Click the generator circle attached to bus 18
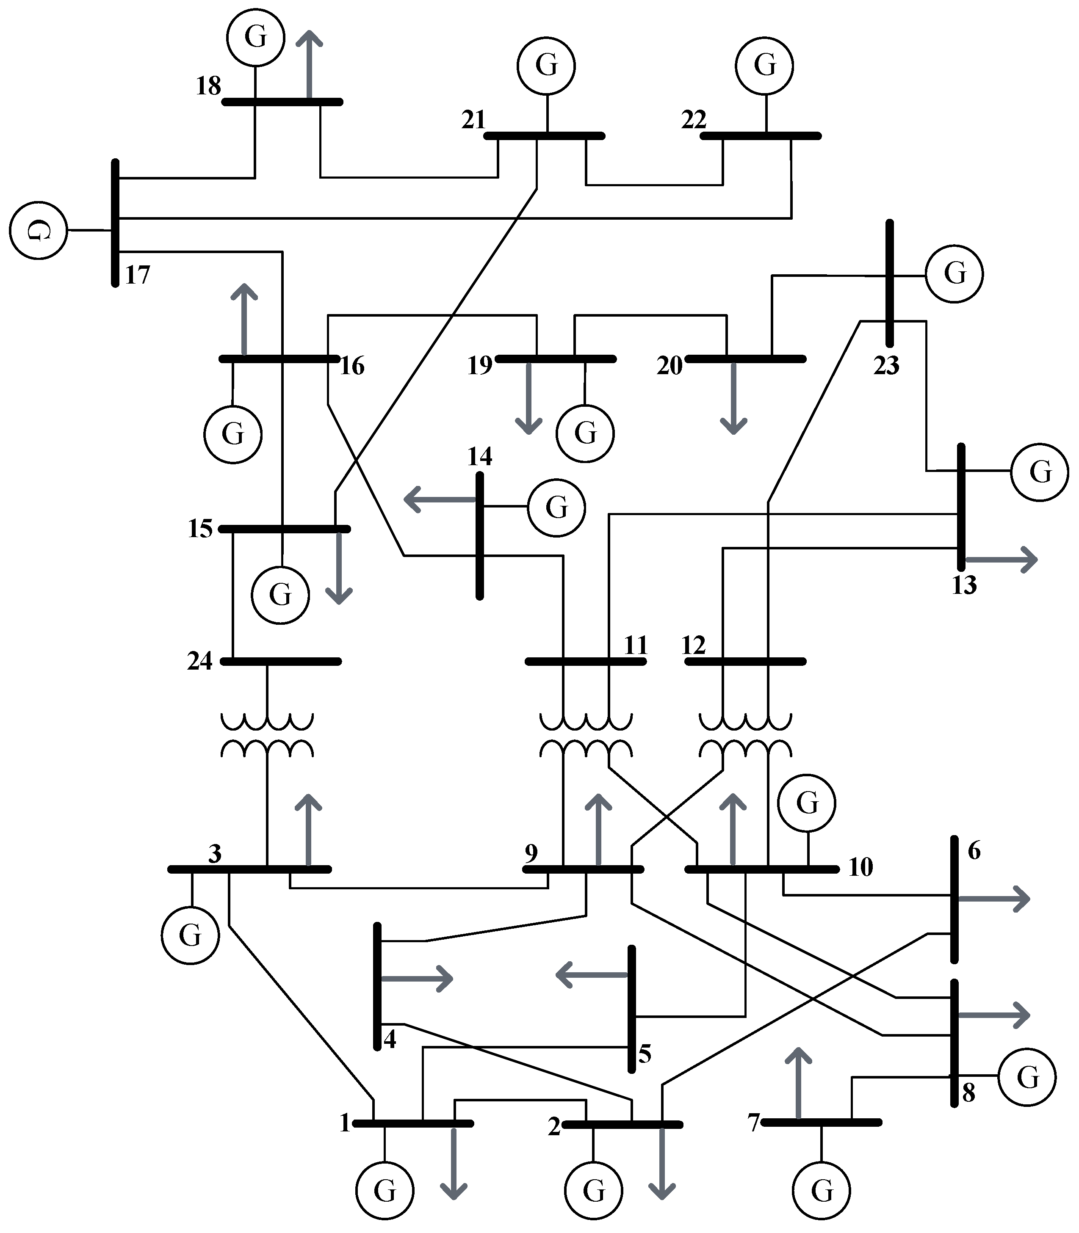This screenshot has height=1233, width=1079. (255, 37)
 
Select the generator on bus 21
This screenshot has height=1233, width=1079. (546, 65)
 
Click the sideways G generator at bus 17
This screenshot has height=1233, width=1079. (38, 230)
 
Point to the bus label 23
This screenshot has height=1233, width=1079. (886, 366)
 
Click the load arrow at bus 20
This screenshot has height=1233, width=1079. (733, 397)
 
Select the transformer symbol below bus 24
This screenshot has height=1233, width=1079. (267, 735)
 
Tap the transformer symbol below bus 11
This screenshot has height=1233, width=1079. (585, 735)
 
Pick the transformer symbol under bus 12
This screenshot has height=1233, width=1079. (745, 735)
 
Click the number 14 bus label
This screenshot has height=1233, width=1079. (479, 457)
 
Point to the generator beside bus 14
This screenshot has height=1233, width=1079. (556, 507)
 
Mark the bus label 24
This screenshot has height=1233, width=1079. (200, 661)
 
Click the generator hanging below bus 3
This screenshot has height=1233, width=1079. (190, 935)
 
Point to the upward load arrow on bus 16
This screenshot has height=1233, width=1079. (244, 319)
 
